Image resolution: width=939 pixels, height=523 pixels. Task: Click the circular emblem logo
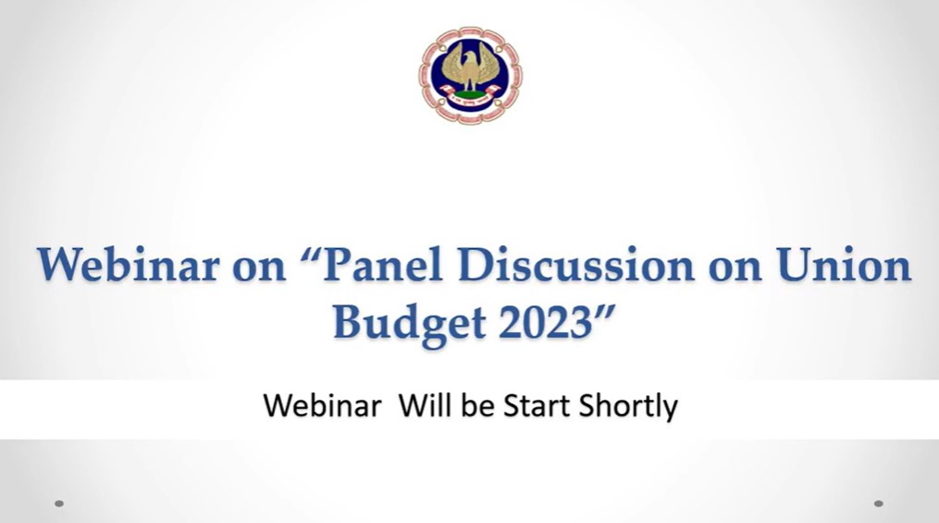tap(470, 76)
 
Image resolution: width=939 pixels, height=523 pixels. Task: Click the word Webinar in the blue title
tap(129, 266)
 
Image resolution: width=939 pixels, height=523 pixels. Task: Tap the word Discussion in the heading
tap(576, 266)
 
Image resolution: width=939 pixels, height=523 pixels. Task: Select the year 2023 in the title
tap(546, 323)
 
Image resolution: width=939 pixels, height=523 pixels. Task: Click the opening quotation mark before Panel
tap(309, 255)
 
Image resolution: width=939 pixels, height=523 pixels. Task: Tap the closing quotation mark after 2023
tap(605, 313)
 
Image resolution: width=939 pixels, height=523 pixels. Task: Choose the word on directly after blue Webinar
tap(259, 269)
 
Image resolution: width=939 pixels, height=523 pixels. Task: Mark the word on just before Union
tap(735, 269)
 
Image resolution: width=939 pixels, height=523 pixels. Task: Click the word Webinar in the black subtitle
tap(322, 405)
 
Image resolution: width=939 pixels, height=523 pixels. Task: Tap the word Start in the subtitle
tap(537, 406)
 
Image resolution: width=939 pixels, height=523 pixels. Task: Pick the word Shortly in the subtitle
tap(628, 408)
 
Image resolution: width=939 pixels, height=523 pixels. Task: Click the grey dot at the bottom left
tap(59, 504)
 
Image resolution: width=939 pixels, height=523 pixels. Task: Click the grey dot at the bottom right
tap(879, 504)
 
